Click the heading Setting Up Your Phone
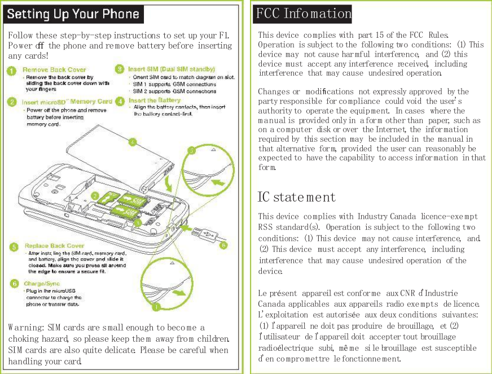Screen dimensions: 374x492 [x=73, y=14]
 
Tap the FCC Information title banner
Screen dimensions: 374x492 [x=303, y=12]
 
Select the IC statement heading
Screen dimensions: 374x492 [x=296, y=197]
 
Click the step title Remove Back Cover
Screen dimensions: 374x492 [x=54, y=70]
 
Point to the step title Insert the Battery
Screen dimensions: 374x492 [x=154, y=101]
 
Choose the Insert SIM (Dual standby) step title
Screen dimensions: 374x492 [x=172, y=69]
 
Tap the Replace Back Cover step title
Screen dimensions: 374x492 [x=54, y=246]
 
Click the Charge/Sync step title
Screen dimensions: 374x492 [x=42, y=284]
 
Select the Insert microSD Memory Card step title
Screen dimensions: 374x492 [x=67, y=102]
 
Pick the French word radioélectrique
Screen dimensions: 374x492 [x=286, y=347]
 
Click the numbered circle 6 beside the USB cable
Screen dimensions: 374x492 [x=223, y=245]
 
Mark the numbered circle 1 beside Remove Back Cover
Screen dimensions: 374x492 [x=11, y=71]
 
